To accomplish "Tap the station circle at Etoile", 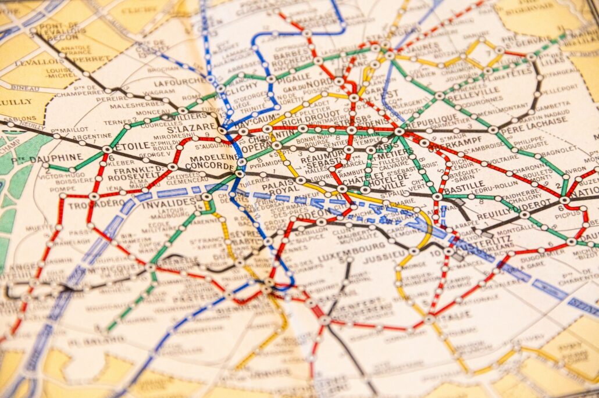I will [107, 149].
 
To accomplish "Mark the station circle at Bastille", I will [437, 196].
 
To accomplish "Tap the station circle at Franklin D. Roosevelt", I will [173, 167].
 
